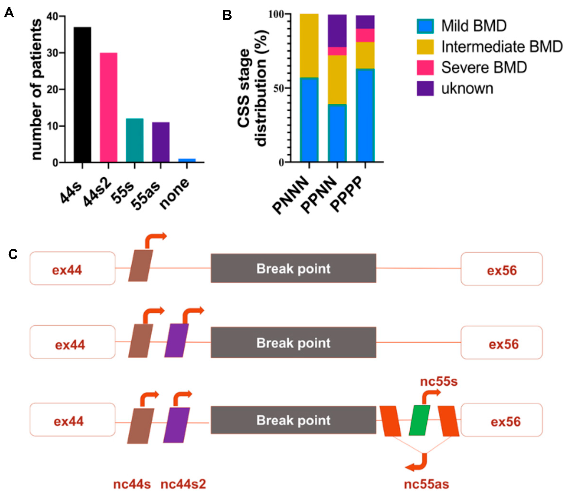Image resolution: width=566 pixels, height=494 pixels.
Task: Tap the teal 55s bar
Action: [135, 140]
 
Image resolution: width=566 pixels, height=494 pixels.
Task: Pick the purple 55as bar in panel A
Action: [161, 142]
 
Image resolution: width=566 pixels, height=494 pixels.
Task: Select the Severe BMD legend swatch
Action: [425, 67]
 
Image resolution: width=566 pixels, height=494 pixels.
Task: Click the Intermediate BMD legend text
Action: [502, 46]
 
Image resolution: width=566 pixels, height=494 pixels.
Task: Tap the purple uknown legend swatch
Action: [425, 88]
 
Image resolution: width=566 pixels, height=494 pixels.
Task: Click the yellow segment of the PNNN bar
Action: [309, 46]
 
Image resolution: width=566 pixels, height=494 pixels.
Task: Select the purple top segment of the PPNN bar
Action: [337, 31]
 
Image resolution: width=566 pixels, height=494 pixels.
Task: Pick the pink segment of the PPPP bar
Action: [365, 35]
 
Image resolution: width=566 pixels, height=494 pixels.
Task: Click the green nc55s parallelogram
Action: [419, 420]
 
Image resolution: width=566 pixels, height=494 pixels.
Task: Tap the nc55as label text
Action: [426, 484]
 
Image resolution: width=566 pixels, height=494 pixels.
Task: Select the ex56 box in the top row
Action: [501, 269]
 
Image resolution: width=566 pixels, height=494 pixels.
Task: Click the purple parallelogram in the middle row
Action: [177, 340]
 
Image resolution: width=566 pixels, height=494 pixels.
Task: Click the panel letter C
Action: [13, 254]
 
